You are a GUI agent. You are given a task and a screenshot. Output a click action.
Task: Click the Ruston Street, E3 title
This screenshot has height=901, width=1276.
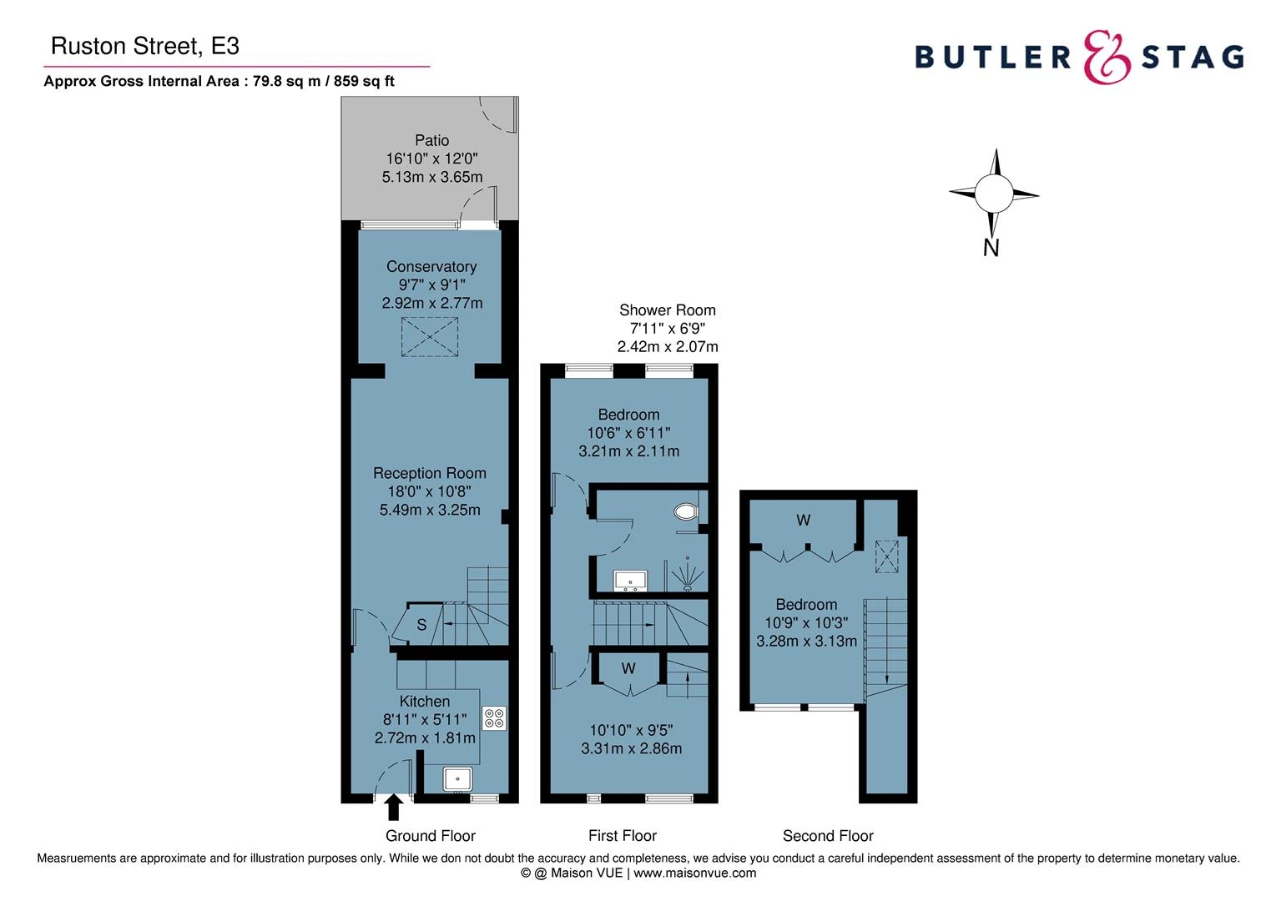pyautogui.click(x=145, y=46)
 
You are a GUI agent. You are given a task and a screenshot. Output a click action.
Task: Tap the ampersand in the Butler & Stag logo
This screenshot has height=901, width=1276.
pyautogui.click(x=1107, y=58)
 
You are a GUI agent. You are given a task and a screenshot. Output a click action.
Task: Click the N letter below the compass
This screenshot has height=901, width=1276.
pyautogui.click(x=991, y=248)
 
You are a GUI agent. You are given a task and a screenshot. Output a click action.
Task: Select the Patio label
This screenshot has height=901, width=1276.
pyautogui.click(x=431, y=140)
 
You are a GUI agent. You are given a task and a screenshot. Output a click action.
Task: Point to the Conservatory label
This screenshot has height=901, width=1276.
pyautogui.click(x=431, y=267)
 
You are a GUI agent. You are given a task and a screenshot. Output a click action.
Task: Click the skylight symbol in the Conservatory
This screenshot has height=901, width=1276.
pyautogui.click(x=430, y=337)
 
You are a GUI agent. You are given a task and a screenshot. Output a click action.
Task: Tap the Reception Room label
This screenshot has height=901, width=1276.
pyautogui.click(x=429, y=473)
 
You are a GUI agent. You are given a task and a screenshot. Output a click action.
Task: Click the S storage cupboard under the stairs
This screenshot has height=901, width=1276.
pyautogui.click(x=421, y=625)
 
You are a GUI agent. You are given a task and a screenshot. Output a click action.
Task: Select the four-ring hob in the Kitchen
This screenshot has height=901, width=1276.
pyautogui.click(x=493, y=718)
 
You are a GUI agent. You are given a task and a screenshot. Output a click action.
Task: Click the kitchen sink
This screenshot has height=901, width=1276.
pyautogui.click(x=457, y=779)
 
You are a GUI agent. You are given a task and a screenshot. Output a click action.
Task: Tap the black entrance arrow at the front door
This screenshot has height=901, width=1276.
pyautogui.click(x=394, y=807)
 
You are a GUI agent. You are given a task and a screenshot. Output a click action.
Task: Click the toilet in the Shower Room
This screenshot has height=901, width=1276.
pyautogui.click(x=685, y=511)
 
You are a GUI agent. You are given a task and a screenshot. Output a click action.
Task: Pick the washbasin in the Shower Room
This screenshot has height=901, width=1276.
pyautogui.click(x=629, y=580)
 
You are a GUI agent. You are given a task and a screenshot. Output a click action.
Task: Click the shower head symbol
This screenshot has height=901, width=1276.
pyautogui.click(x=687, y=575)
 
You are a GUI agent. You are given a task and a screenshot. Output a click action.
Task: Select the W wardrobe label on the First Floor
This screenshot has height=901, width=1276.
pyautogui.click(x=628, y=668)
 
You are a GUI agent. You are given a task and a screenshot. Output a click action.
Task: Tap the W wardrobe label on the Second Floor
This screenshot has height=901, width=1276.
pyautogui.click(x=803, y=521)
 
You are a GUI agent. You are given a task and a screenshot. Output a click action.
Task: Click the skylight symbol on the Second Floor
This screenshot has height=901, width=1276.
pyautogui.click(x=886, y=556)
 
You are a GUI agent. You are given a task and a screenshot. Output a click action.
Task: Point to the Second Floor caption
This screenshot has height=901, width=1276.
pyautogui.click(x=828, y=836)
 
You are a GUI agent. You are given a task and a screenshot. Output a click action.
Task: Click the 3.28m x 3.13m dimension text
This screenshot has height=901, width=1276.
pyautogui.click(x=806, y=642)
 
